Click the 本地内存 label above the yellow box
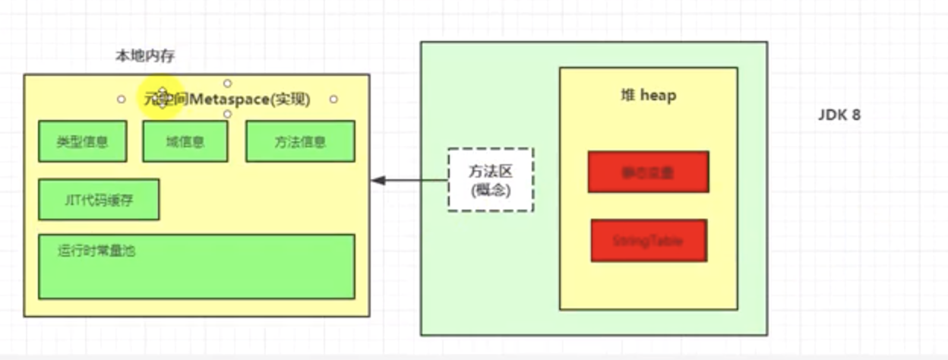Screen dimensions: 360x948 point(146,56)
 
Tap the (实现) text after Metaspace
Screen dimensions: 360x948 point(290,99)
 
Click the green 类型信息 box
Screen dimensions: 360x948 point(82,141)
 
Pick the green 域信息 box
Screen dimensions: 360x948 point(185,141)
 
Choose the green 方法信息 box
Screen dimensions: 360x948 point(300,141)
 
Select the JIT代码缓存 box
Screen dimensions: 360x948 point(99,199)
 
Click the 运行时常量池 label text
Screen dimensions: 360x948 point(96,251)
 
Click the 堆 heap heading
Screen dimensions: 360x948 point(648,96)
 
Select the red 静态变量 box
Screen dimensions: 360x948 point(648,172)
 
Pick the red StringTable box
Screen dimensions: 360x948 point(649,240)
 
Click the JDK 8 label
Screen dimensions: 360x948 point(839,116)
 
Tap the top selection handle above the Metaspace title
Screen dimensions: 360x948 point(227,83)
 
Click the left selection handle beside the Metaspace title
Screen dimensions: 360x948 point(121,99)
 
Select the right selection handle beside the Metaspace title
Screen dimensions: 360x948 point(333,99)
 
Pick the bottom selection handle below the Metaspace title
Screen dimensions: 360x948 point(227,114)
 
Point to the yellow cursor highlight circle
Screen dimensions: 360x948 point(161,98)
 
